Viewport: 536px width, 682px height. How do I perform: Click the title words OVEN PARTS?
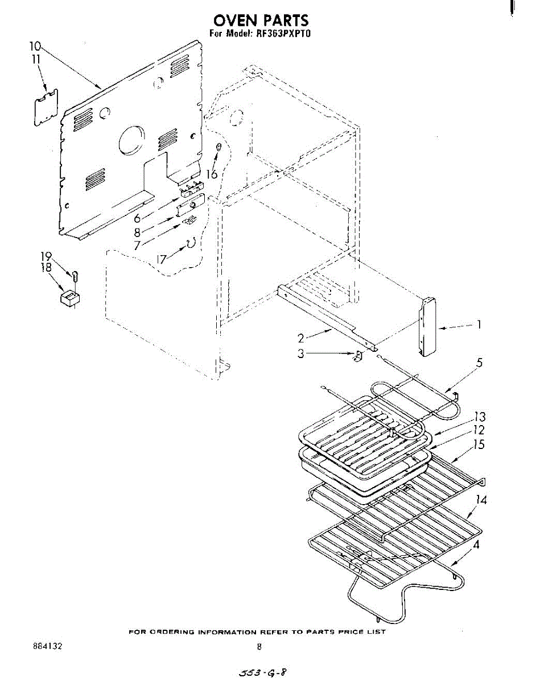261,20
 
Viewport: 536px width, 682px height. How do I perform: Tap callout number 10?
36,46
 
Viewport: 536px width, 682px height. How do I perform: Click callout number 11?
36,59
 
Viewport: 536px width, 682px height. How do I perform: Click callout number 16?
212,174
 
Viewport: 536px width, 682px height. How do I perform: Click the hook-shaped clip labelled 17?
191,243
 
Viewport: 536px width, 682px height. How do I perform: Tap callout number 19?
46,256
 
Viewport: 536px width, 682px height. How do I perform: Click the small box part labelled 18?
70,297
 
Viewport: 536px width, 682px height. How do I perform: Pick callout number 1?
479,325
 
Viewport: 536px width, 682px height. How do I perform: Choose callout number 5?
480,363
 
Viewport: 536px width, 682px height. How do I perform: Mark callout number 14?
481,500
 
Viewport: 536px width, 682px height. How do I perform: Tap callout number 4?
476,544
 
